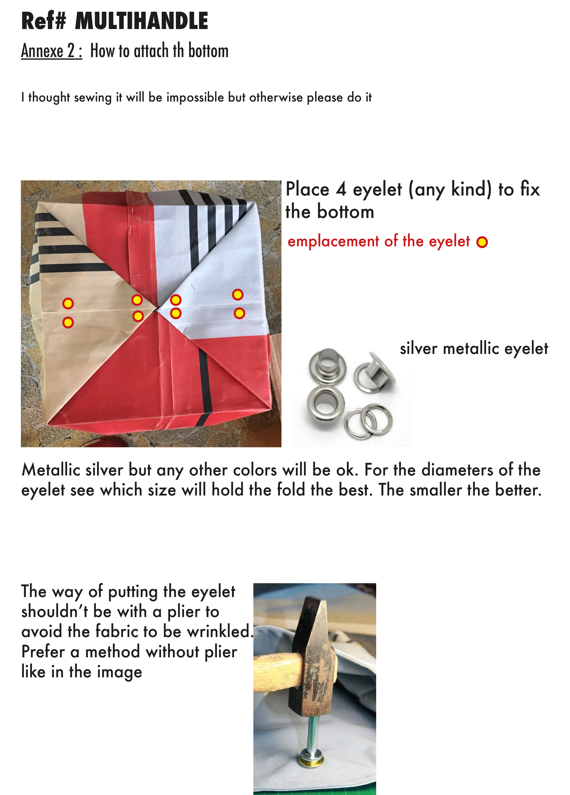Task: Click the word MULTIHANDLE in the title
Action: coord(141,21)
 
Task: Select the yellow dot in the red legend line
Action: coord(482,242)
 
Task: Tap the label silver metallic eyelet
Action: coord(474,348)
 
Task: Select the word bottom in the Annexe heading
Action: coord(208,51)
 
